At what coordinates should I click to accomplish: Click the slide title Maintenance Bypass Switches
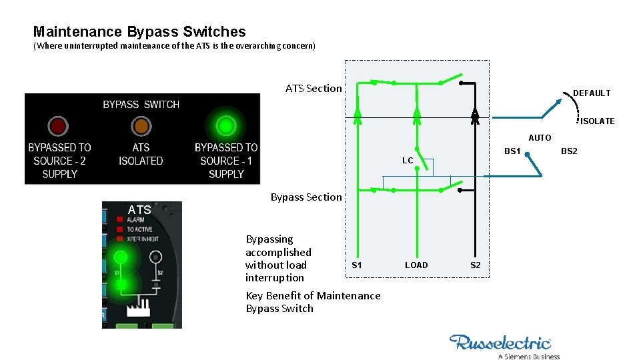(139, 31)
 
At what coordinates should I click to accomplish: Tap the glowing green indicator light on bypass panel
(226, 125)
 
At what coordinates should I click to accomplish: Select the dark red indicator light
(57, 125)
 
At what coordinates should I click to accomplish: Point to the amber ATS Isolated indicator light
(141, 125)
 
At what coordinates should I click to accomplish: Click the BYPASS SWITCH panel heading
(141, 105)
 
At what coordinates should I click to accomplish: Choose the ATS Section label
(313, 88)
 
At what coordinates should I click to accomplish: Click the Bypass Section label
(305, 197)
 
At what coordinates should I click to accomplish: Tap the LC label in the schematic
(408, 161)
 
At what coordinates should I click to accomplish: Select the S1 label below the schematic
(357, 265)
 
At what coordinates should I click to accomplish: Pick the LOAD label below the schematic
(416, 265)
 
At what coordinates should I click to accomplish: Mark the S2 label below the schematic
(475, 265)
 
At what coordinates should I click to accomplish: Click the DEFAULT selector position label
(592, 93)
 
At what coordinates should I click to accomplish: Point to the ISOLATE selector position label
(597, 121)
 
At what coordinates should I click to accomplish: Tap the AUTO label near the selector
(540, 138)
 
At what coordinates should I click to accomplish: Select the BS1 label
(512, 151)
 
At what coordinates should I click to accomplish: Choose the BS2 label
(569, 151)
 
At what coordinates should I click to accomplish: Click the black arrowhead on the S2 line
(475, 115)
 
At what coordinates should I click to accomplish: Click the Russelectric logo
(501, 343)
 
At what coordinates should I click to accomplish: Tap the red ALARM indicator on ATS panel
(119, 219)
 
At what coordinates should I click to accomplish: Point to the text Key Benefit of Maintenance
(313, 295)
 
